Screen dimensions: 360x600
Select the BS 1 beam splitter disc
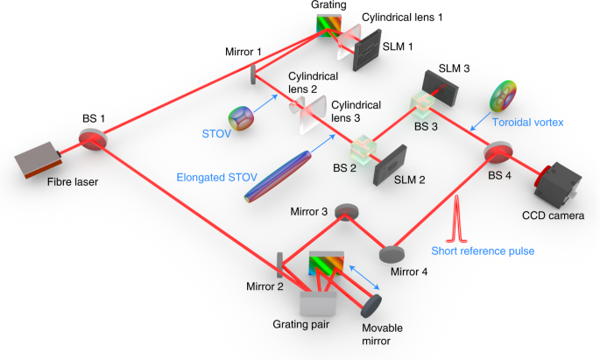tap(92, 141)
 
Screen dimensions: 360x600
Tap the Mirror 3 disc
tap(348, 211)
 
